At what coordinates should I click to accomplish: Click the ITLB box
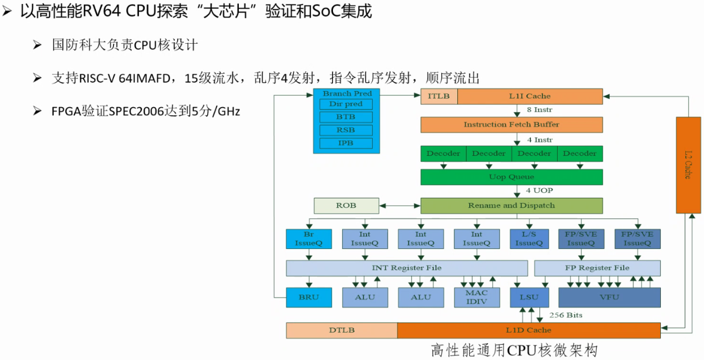[439, 96]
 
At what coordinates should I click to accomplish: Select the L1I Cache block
[530, 96]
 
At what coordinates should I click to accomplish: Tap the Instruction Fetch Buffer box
[511, 124]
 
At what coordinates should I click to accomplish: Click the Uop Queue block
[511, 177]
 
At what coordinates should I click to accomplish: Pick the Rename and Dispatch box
[511, 205]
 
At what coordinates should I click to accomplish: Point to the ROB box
[346, 205]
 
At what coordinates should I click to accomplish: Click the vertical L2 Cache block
[687, 164]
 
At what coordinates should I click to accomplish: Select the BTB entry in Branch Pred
[345, 117]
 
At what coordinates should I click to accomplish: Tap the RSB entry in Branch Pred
[345, 130]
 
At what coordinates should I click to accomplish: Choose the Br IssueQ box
[309, 239]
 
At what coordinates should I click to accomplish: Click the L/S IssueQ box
[529, 239]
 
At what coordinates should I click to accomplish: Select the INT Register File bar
[406, 268]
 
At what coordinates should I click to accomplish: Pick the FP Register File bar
[597, 268]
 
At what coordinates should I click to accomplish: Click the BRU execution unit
[309, 297]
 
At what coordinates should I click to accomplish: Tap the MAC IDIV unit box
[477, 297]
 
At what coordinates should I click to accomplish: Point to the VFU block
[609, 297]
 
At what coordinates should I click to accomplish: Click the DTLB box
[342, 330]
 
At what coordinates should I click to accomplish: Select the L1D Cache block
[529, 330]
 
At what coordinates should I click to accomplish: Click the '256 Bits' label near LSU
[566, 315]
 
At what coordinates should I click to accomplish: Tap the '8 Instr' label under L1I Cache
[539, 110]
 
